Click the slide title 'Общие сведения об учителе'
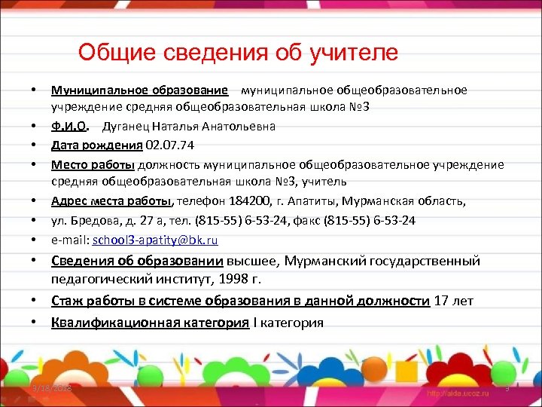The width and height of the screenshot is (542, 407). click(x=238, y=53)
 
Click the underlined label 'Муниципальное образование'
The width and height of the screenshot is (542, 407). click(x=139, y=90)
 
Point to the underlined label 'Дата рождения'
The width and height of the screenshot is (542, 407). click(x=98, y=145)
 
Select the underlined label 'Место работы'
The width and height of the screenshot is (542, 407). click(x=93, y=164)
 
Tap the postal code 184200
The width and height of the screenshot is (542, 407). click(x=245, y=201)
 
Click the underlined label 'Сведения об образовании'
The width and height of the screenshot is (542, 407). click(x=137, y=261)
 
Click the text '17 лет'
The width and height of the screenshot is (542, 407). click(x=454, y=301)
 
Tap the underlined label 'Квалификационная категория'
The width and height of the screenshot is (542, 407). click(x=150, y=323)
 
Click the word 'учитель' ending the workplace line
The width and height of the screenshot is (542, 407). click(x=327, y=182)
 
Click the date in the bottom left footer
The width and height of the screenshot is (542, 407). click(x=56, y=388)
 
